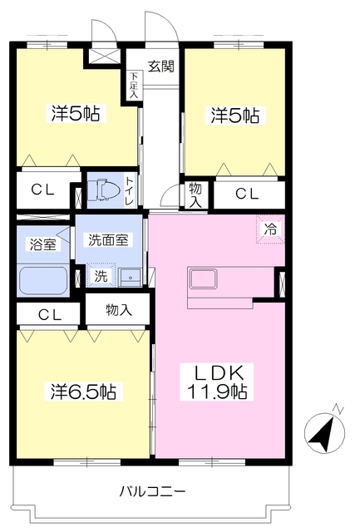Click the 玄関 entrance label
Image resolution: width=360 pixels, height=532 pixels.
tap(161, 66)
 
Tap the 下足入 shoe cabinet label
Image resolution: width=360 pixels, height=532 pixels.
tap(134, 85)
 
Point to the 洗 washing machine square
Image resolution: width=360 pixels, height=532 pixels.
tap(101, 276)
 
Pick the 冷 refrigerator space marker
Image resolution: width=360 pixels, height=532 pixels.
tap(270, 229)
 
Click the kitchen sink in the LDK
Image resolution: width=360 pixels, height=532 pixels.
tap(202, 278)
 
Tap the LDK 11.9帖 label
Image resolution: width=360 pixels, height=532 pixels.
tap(217, 382)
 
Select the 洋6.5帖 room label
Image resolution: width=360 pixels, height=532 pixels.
tap(83, 392)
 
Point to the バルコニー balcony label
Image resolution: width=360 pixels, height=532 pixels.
tap(152, 491)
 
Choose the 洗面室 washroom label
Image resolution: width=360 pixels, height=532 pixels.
tap(108, 240)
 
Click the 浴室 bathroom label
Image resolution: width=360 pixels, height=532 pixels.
tap(43, 244)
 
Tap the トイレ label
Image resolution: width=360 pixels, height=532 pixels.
tap(130, 191)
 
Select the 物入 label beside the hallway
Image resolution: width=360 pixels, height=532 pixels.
tap(195, 195)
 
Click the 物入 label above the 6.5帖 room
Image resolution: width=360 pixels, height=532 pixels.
tap(118, 309)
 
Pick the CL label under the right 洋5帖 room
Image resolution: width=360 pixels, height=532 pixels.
tap(247, 194)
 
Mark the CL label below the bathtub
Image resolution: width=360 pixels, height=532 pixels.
tap(50, 315)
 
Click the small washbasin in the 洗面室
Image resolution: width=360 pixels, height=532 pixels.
tap(131, 277)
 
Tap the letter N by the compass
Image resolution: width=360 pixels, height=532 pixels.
tap(339, 408)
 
